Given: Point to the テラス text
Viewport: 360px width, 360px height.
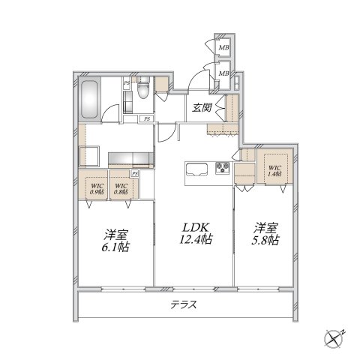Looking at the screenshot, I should pyautogui.click(x=183, y=306).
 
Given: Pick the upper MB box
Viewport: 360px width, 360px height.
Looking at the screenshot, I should pyautogui.click(x=223, y=49).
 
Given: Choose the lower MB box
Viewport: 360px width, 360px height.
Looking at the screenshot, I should pyautogui.click(x=223, y=73).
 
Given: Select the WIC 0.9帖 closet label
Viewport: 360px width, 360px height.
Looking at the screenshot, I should pyautogui.click(x=96, y=188).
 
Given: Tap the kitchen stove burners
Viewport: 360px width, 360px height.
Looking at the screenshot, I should pyautogui.click(x=223, y=167).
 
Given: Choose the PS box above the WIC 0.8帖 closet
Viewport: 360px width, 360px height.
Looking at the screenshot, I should pyautogui.click(x=134, y=173).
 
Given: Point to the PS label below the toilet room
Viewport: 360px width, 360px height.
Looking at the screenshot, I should pyautogui.click(x=147, y=118).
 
